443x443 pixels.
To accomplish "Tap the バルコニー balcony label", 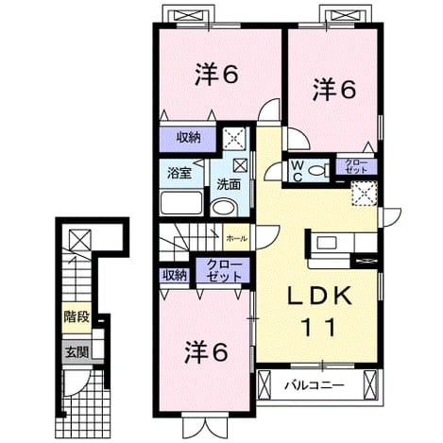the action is click(x=315, y=385).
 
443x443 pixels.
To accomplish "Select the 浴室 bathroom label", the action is click(x=179, y=174).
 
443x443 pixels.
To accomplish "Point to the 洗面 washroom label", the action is click(x=229, y=184).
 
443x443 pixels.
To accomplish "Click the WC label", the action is click(x=298, y=171).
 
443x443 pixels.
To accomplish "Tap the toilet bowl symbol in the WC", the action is click(x=317, y=171).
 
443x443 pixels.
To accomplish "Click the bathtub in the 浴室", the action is click(x=181, y=203).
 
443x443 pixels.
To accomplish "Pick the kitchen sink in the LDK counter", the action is click(x=327, y=243).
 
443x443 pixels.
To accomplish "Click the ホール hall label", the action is click(x=236, y=239).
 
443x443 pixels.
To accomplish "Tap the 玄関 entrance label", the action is click(x=77, y=352).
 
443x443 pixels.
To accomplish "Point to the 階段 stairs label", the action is click(x=77, y=317).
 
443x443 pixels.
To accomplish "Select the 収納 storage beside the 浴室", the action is click(x=188, y=138).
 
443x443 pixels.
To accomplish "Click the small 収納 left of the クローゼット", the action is click(x=175, y=276).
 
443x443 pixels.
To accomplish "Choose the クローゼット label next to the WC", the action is click(x=356, y=166).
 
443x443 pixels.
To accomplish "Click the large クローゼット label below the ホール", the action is click(x=223, y=270).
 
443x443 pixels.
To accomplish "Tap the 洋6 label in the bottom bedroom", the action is click(x=206, y=352).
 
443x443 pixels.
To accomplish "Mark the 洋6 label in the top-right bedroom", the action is click(x=334, y=90).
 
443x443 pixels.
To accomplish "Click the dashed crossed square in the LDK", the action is click(x=365, y=194).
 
